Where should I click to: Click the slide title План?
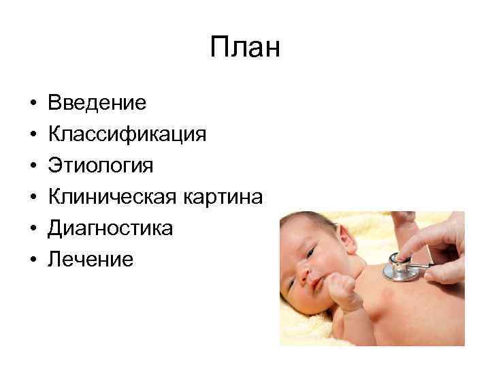click(x=245, y=48)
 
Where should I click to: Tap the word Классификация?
click(x=127, y=134)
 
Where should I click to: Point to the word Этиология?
click(x=101, y=166)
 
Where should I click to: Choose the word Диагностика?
click(x=110, y=228)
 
